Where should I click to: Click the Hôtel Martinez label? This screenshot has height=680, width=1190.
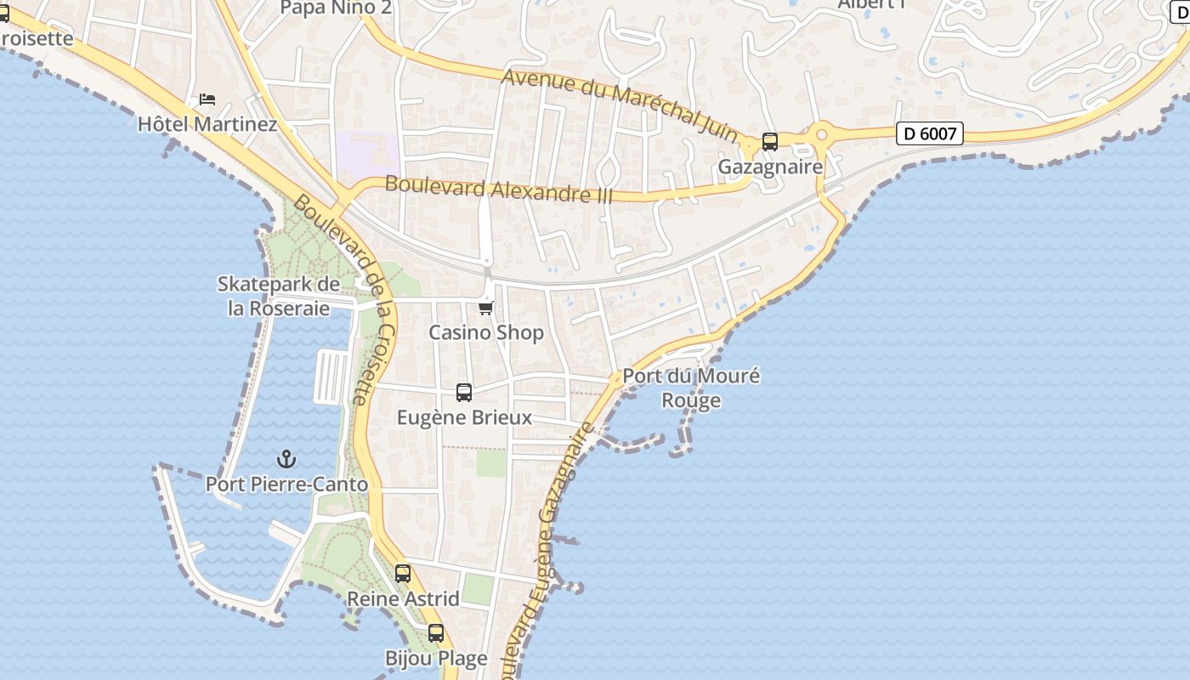coord(207,124)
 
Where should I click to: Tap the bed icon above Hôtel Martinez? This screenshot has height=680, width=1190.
coord(207,99)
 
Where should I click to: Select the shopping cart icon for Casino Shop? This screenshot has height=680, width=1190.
coord(485,308)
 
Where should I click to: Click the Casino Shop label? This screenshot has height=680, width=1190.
coord(485,332)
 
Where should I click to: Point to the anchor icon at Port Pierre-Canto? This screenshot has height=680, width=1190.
coord(286,460)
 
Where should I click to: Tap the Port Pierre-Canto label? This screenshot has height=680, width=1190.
coord(286,484)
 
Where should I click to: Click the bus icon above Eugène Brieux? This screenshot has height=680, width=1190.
coord(463,393)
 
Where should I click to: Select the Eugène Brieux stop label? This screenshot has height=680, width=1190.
coord(464,417)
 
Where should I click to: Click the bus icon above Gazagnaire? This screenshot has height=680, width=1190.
coord(769,142)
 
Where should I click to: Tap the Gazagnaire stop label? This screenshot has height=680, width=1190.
coord(770,167)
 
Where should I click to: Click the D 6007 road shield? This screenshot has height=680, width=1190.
coord(929,133)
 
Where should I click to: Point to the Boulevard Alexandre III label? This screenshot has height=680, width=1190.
coord(498,189)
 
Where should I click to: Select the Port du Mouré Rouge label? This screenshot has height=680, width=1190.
coord(691,388)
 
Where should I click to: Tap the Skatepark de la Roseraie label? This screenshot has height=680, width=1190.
coord(279,296)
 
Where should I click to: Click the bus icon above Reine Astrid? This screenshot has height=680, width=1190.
coord(403,574)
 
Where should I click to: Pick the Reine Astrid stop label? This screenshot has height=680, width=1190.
coord(403,598)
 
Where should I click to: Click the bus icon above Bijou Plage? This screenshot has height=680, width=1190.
coord(436,633)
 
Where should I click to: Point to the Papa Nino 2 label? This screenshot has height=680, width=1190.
coord(336,8)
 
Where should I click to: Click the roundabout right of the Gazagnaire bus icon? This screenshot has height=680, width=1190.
coord(821,134)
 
